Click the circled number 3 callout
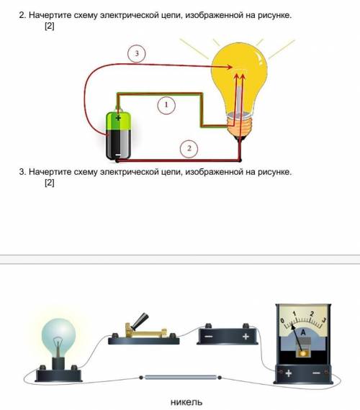click(136, 54)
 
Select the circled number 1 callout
click(166, 105)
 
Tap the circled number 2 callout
click(189, 148)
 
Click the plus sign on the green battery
click(118, 118)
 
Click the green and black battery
click(118, 135)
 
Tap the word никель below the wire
click(186, 402)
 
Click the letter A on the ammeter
click(303, 332)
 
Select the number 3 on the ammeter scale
click(324, 320)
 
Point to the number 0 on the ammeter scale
click(282, 321)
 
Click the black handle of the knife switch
click(140, 321)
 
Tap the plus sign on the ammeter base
click(288, 373)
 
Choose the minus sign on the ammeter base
click(316, 373)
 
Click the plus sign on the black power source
click(246, 336)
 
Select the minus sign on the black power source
click(209, 336)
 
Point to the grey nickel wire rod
click(181, 378)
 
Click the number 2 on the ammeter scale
click(312, 314)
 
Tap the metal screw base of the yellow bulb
click(239, 125)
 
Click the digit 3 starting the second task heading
click(22, 172)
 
